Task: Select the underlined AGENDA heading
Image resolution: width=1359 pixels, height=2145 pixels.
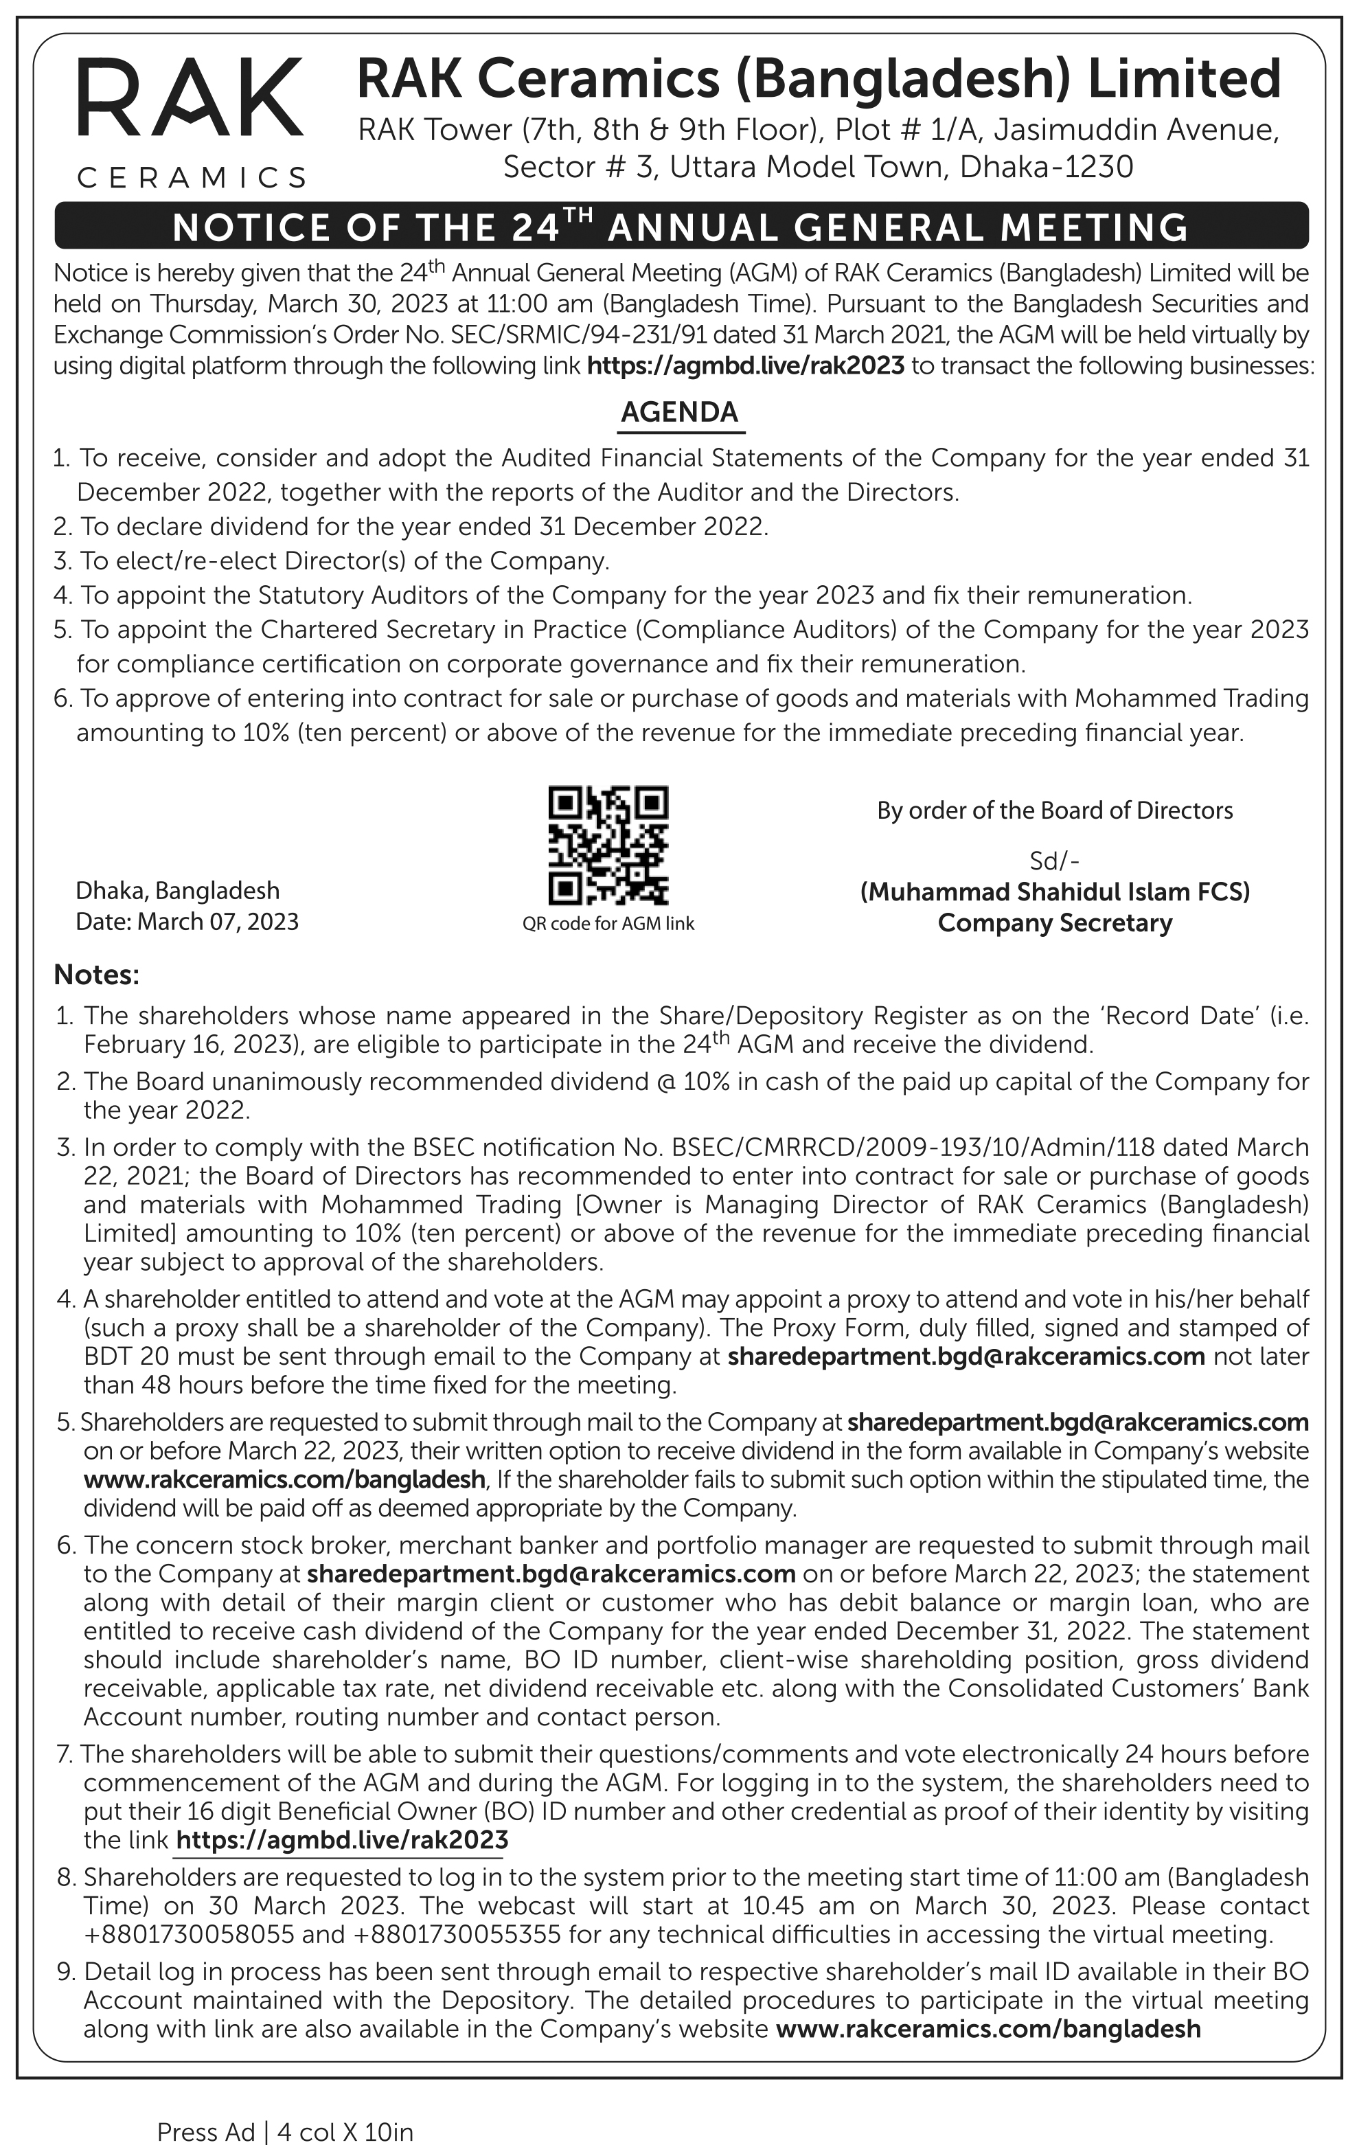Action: [x=680, y=412]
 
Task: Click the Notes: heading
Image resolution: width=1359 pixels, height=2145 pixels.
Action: [x=96, y=975]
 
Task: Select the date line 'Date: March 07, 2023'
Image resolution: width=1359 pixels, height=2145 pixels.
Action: [x=187, y=921]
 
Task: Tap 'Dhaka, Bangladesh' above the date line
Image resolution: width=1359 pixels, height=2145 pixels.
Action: [x=177, y=891]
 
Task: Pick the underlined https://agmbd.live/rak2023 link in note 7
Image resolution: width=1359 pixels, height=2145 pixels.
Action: [x=342, y=1839]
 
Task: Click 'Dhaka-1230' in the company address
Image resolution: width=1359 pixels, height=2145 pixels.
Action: [x=1047, y=168]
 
